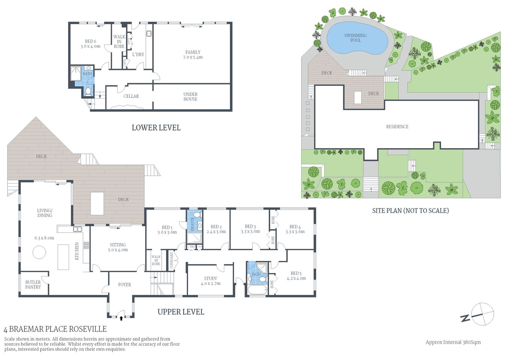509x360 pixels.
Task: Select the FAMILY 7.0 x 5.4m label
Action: pyautogui.click(x=193, y=55)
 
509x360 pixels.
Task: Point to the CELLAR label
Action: pyautogui.click(x=131, y=96)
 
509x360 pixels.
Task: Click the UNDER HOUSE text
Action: pyautogui.click(x=190, y=97)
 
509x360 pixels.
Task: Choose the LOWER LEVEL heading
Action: pyautogui.click(x=156, y=127)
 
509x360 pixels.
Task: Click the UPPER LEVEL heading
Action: pyautogui.click(x=181, y=312)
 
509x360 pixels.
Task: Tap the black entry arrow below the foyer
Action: pyautogui.click(x=121, y=318)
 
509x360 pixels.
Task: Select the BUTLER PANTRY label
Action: pyautogui.click(x=33, y=285)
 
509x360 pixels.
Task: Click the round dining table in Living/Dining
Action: pyautogui.click(x=39, y=252)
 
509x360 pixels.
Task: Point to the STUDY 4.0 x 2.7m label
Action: pyautogui.click(x=210, y=281)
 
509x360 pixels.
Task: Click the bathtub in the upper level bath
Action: pyautogui.click(x=257, y=290)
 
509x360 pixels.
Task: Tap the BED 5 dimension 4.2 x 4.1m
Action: pyautogui.click(x=296, y=278)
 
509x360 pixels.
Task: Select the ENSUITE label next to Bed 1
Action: pyautogui.click(x=192, y=224)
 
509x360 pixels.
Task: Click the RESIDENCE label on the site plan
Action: pyautogui.click(x=397, y=127)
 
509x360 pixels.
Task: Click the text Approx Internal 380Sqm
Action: pyautogui.click(x=453, y=342)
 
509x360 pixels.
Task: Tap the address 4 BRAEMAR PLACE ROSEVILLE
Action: pyautogui.click(x=55, y=329)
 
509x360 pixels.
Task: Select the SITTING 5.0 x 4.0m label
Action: pyautogui.click(x=118, y=247)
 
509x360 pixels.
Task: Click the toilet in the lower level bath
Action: pyautogui.click(x=89, y=91)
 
